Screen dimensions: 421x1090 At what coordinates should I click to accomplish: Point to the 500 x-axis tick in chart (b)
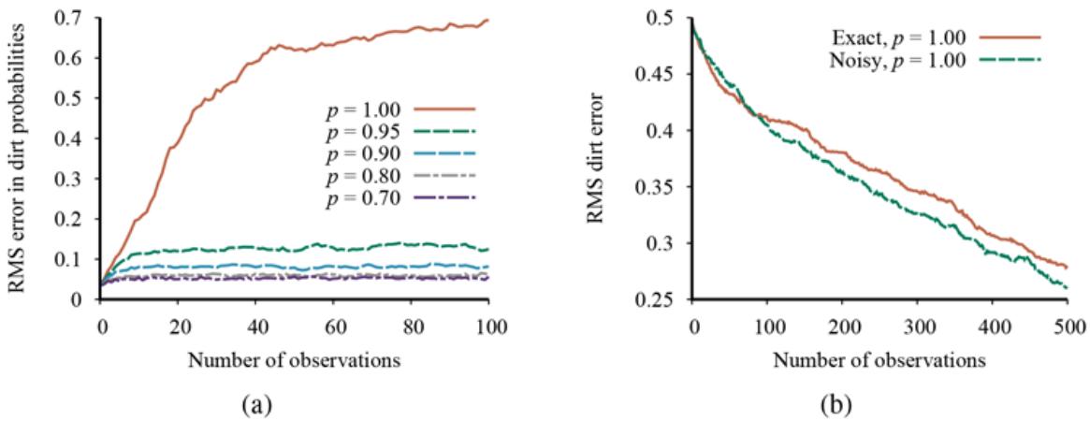[x=1068, y=327]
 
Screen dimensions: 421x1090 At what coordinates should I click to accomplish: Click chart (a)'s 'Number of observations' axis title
[x=295, y=357]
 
